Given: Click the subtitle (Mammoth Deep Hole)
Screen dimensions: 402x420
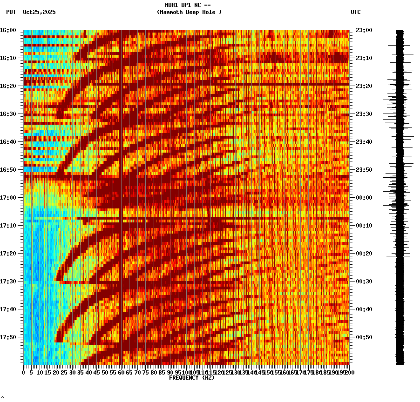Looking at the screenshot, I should (x=189, y=12).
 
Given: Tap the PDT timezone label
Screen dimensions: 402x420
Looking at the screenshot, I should (x=11, y=12).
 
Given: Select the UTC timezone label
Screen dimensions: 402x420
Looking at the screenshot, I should (x=355, y=12).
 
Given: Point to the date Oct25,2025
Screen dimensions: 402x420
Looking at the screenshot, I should (x=39, y=12).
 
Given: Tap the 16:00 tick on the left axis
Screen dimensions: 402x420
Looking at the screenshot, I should (x=8, y=30).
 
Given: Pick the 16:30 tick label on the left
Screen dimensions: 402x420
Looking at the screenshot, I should (x=8, y=114).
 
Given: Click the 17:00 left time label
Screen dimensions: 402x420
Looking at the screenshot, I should (x=8, y=198).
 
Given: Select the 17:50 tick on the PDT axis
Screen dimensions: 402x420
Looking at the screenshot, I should (x=8, y=337).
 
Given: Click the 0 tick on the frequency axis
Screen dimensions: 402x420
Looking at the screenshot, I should (x=24, y=373).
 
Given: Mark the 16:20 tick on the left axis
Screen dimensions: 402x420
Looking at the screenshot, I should (x=8, y=86).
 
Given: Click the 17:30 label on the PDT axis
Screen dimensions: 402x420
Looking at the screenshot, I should (x=8, y=281).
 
